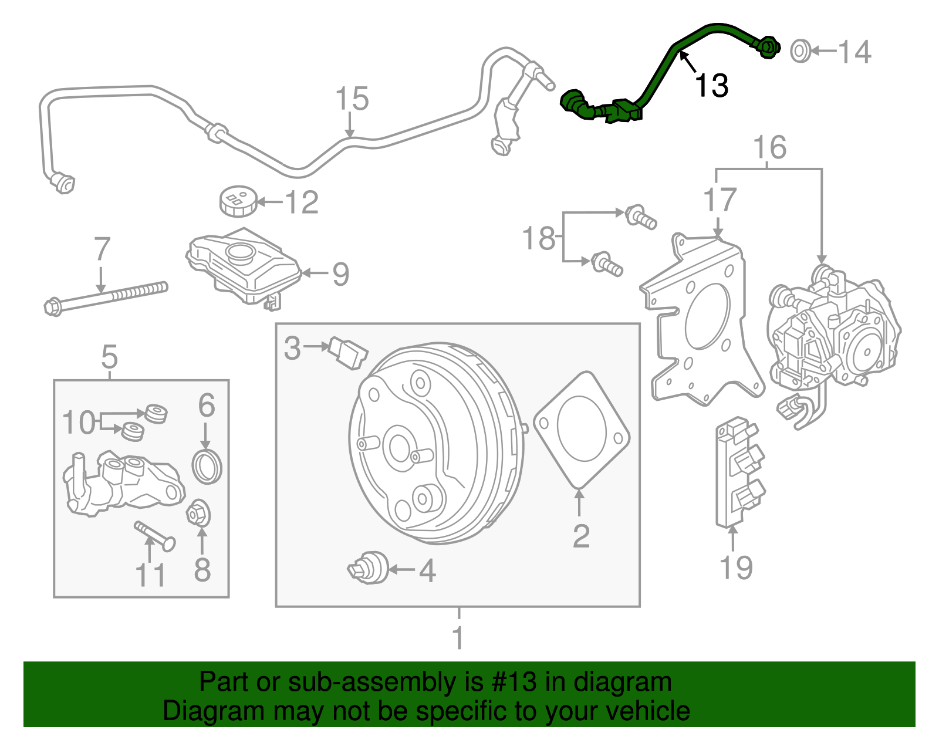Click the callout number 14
click(854, 52)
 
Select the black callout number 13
click(712, 85)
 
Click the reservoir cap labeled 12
click(238, 201)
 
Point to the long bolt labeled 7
click(106, 299)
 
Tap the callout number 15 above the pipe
click(352, 99)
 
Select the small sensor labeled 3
click(348, 353)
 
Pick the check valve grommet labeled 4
click(368, 568)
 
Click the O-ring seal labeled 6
click(207, 467)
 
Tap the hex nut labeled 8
click(198, 514)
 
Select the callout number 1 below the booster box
click(458, 637)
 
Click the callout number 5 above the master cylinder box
click(109, 357)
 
